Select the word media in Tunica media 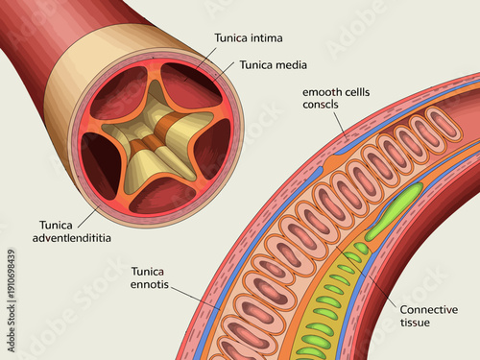pyautogui.click(x=279, y=65)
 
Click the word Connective pyautogui.click(x=428, y=309)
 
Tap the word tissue pyautogui.click(x=415, y=323)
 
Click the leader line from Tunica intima pyautogui.click(x=206, y=52)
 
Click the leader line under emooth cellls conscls pyautogui.click(x=336, y=121)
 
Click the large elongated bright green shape pyautogui.click(x=394, y=211)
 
